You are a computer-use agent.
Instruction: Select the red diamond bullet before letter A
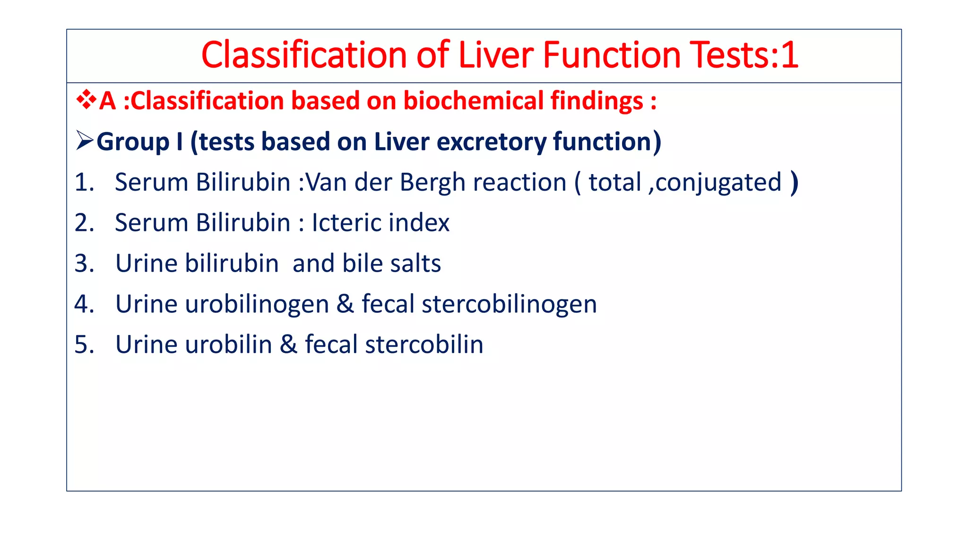86,100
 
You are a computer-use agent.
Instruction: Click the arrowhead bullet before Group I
85,141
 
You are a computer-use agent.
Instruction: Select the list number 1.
84,182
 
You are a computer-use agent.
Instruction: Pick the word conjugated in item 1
718,182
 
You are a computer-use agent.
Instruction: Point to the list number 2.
84,223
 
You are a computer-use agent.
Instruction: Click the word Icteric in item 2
346,223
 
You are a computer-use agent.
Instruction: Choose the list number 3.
84,264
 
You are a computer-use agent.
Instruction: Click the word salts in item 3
415,264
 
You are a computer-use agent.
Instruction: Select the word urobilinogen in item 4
257,304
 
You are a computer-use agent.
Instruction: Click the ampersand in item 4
345,304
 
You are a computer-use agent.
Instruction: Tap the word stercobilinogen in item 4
509,304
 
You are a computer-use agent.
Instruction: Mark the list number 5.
84,344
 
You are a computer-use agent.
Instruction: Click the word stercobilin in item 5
424,344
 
